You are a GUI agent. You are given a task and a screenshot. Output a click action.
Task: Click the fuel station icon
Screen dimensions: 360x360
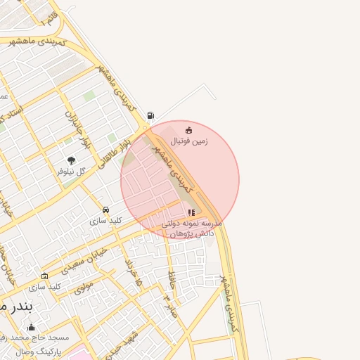tap(150, 116)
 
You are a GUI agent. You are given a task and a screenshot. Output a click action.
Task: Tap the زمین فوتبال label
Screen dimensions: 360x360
tap(189, 141)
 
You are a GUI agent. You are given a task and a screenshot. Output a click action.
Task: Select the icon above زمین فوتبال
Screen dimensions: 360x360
tap(188, 130)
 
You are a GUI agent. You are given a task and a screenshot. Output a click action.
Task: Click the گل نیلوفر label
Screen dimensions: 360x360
tap(70, 171)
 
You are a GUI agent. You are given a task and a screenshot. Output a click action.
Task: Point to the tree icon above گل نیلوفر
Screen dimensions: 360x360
tap(70, 160)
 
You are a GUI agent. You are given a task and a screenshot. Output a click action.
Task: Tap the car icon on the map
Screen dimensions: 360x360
tap(105, 210)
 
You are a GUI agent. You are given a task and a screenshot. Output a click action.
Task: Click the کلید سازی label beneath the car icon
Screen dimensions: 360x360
tap(106, 220)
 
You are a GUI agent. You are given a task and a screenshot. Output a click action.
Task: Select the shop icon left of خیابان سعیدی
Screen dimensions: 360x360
tap(45, 276)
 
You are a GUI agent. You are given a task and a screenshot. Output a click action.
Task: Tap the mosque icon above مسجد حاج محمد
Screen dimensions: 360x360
tap(31, 327)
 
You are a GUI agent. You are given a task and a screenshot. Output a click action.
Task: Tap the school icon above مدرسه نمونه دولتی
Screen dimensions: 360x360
tap(191, 212)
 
